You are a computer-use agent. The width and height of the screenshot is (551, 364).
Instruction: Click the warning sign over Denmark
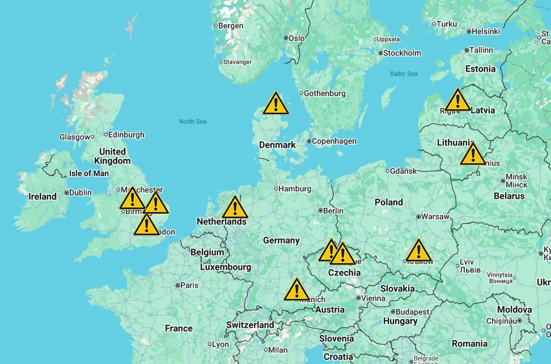[275, 104]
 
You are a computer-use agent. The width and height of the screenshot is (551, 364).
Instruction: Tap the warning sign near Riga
[457, 101]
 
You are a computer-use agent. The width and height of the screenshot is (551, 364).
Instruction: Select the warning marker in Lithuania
[472, 154]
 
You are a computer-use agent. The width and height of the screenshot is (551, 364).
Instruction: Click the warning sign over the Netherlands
[235, 208]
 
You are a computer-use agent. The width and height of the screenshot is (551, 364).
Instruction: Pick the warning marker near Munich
[296, 290]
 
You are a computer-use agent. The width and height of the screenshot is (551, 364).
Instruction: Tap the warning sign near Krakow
[418, 251]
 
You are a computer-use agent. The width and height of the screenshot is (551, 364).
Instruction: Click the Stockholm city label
[402, 53]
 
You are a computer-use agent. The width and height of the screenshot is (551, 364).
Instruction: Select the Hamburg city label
[295, 189]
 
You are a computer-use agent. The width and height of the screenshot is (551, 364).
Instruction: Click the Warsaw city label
[435, 216]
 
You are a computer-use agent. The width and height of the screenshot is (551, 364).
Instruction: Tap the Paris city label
[189, 285]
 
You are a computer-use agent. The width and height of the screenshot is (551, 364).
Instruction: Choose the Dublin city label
[80, 193]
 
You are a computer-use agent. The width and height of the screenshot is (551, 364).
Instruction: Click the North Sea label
[193, 122]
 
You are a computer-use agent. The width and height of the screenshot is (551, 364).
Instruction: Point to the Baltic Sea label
[404, 74]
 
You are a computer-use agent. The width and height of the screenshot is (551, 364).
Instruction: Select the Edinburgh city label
[126, 135]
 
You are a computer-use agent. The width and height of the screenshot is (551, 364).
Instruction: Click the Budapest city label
[412, 312]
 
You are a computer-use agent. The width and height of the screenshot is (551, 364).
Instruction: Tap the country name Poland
[389, 202]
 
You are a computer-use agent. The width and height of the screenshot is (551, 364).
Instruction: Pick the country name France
[179, 328]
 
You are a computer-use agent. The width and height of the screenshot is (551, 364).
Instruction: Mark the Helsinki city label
[485, 31]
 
